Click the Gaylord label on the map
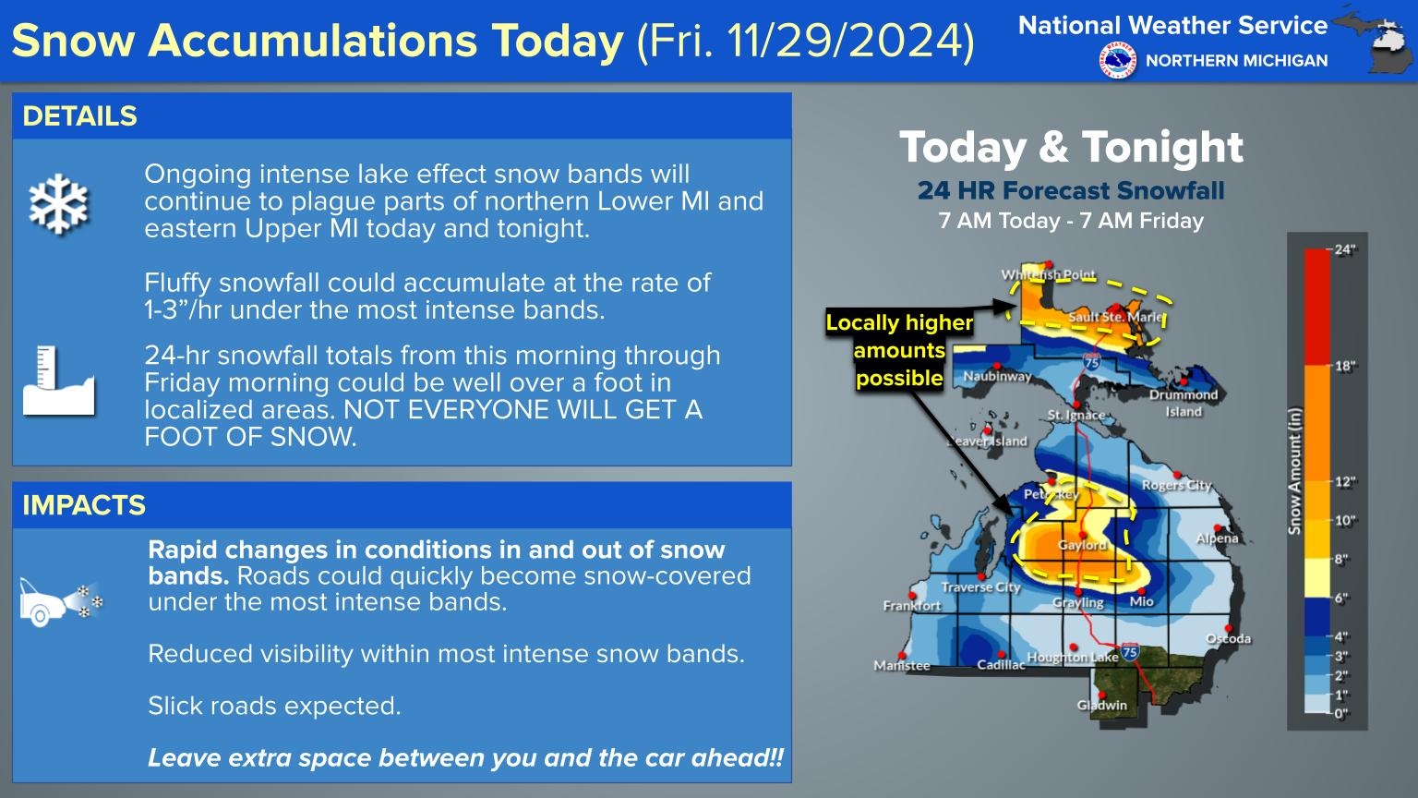pos(1082,545)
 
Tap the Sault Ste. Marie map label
pos(1116,317)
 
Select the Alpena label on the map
pos(1217,538)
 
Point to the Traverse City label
pos(980,587)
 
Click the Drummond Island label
pos(1184,403)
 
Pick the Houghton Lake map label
pos(1073,658)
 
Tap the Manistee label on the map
pos(901,665)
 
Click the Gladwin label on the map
pos(1102,705)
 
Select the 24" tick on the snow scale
pos(1344,249)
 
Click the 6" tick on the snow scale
pos(1340,598)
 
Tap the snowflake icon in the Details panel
pos(58,204)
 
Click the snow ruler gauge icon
pos(58,381)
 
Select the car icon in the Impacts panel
pos(60,601)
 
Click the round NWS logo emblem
pos(1118,60)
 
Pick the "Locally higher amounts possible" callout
pos(899,350)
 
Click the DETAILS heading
pos(79,116)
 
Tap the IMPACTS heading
pos(84,505)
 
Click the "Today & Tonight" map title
pos(1071,148)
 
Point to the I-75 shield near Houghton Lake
pos(1129,652)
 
